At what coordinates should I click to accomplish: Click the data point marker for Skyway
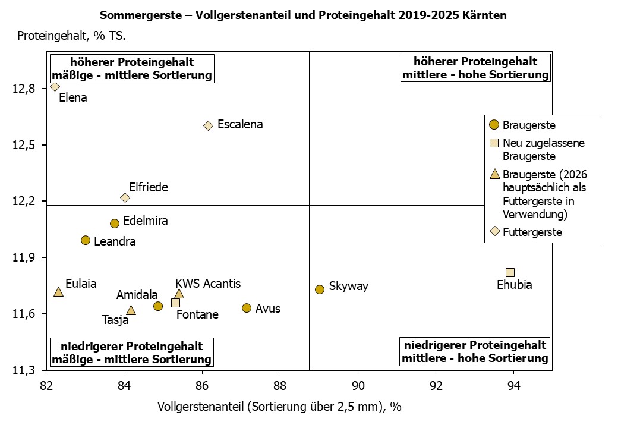pos(320,289)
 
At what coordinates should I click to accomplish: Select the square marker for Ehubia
pos(510,272)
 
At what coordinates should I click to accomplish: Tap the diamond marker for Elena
pos(55,87)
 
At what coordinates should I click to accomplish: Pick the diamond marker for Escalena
pos(208,125)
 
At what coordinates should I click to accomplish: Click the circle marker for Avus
pos(247,308)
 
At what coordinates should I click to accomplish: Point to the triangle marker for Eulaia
pos(58,292)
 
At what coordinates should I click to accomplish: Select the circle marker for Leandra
pos(86,240)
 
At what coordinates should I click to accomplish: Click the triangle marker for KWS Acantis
pos(179,294)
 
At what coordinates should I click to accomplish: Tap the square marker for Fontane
pos(175,303)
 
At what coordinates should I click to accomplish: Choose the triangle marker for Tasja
pos(131,310)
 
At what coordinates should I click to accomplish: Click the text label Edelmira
pos(145,221)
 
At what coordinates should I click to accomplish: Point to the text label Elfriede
pos(148,187)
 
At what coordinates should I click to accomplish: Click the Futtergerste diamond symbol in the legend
pos(494,231)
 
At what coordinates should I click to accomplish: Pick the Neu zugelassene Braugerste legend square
pos(494,143)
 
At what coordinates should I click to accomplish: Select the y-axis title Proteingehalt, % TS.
pos(71,36)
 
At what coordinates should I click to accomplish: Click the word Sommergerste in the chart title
pos(134,15)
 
